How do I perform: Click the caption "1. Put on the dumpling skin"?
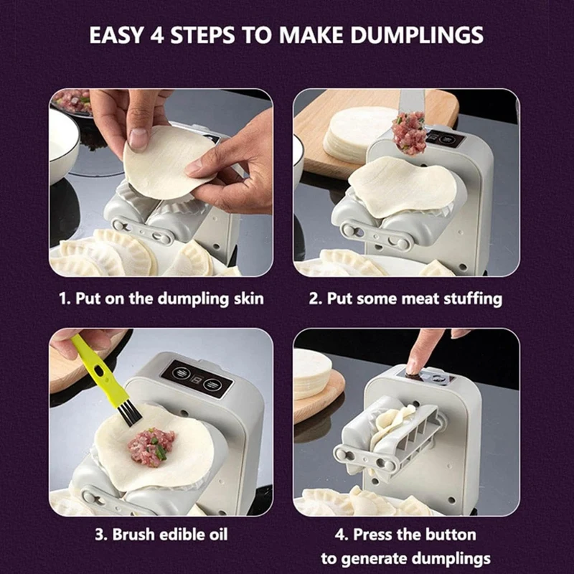(x=160, y=298)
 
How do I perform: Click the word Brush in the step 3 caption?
(x=138, y=535)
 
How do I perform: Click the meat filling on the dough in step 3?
(x=150, y=448)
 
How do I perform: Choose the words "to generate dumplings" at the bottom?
(x=405, y=558)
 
